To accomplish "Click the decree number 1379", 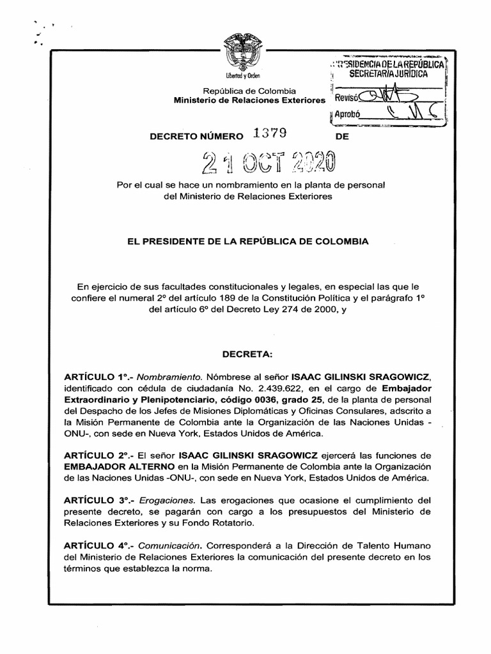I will click(x=270, y=133).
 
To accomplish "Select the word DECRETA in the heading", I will click(x=247, y=353).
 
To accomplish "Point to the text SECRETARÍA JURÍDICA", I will click(x=387, y=75).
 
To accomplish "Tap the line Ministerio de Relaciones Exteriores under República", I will click(x=249, y=100).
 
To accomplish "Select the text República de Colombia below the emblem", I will click(x=249, y=91).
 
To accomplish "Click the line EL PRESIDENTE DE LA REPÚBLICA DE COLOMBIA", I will click(x=245, y=242).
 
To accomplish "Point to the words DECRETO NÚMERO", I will click(x=196, y=136).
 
